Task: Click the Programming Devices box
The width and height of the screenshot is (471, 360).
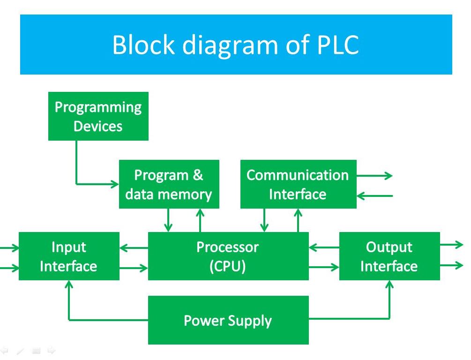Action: (x=98, y=116)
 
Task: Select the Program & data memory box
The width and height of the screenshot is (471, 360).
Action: (x=169, y=184)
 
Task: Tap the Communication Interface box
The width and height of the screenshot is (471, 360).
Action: (x=298, y=184)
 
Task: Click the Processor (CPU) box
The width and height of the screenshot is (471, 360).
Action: (x=228, y=256)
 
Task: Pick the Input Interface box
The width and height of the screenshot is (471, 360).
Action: (x=69, y=256)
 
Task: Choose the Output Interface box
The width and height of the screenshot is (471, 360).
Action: (x=389, y=256)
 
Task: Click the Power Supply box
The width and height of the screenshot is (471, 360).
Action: (x=228, y=321)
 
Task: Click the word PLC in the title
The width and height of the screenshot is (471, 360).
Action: (x=334, y=45)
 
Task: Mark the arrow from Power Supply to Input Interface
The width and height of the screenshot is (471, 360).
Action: (x=69, y=305)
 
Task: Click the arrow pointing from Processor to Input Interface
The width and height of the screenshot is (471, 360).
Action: (x=134, y=247)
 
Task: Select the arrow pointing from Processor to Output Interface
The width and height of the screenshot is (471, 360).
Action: (x=324, y=268)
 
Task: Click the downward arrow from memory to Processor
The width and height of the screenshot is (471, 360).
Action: (x=168, y=220)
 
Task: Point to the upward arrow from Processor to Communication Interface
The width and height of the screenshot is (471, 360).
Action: (x=298, y=220)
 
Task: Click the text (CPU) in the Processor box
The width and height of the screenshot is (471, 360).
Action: (x=228, y=266)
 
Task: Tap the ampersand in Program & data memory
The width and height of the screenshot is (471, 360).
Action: (x=198, y=175)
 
